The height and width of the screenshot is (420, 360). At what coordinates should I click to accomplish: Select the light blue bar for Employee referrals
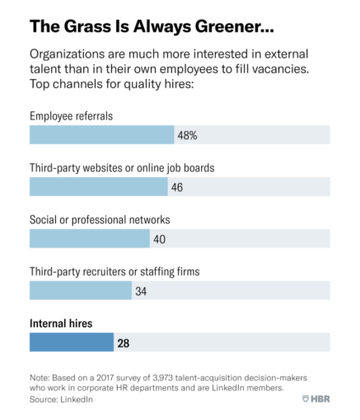(101, 135)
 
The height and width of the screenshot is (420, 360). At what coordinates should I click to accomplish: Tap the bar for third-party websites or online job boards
(98, 187)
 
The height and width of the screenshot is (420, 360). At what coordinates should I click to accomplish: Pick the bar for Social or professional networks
(89, 238)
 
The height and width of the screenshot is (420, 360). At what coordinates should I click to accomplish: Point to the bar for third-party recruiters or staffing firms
(80, 290)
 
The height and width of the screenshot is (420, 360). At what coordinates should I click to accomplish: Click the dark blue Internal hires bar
(71, 341)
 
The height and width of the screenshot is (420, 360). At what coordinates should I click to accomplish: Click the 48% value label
(187, 135)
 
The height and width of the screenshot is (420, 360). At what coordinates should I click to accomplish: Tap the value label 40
(159, 238)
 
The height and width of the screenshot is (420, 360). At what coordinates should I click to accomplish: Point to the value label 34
(141, 290)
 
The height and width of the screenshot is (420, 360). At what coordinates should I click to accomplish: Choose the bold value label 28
(124, 341)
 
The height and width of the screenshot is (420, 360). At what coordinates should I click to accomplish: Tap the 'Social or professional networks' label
(100, 220)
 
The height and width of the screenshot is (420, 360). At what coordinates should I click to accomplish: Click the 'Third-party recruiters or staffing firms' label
(115, 271)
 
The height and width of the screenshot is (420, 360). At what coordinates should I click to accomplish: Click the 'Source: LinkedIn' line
(62, 398)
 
